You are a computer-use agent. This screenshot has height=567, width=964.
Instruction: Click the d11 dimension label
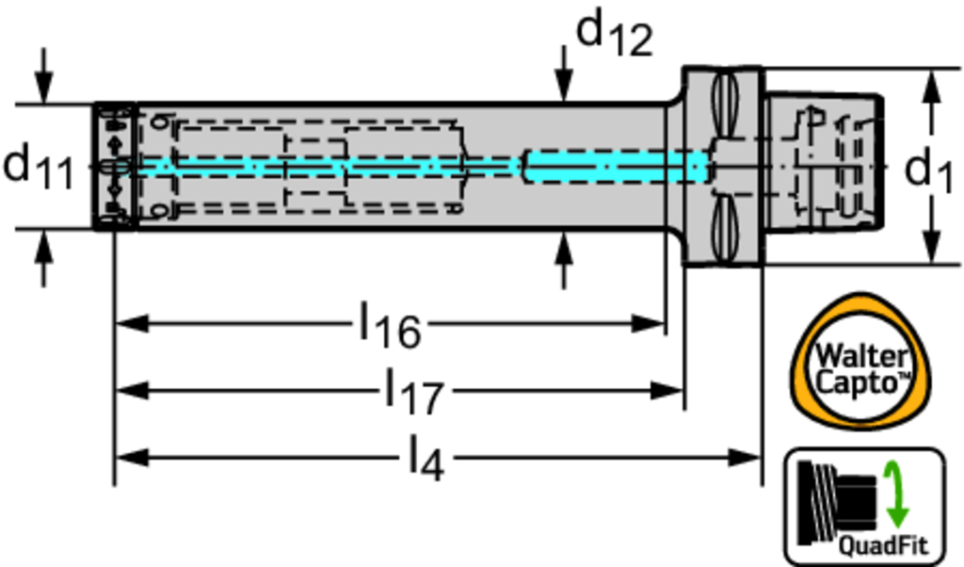point(38,167)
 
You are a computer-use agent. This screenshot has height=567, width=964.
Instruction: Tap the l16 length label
point(390,325)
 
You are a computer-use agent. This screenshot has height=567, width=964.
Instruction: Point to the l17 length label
point(413,390)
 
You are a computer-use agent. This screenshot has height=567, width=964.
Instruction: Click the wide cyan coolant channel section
point(612,167)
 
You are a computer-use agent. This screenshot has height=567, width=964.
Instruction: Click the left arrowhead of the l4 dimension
point(128,458)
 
